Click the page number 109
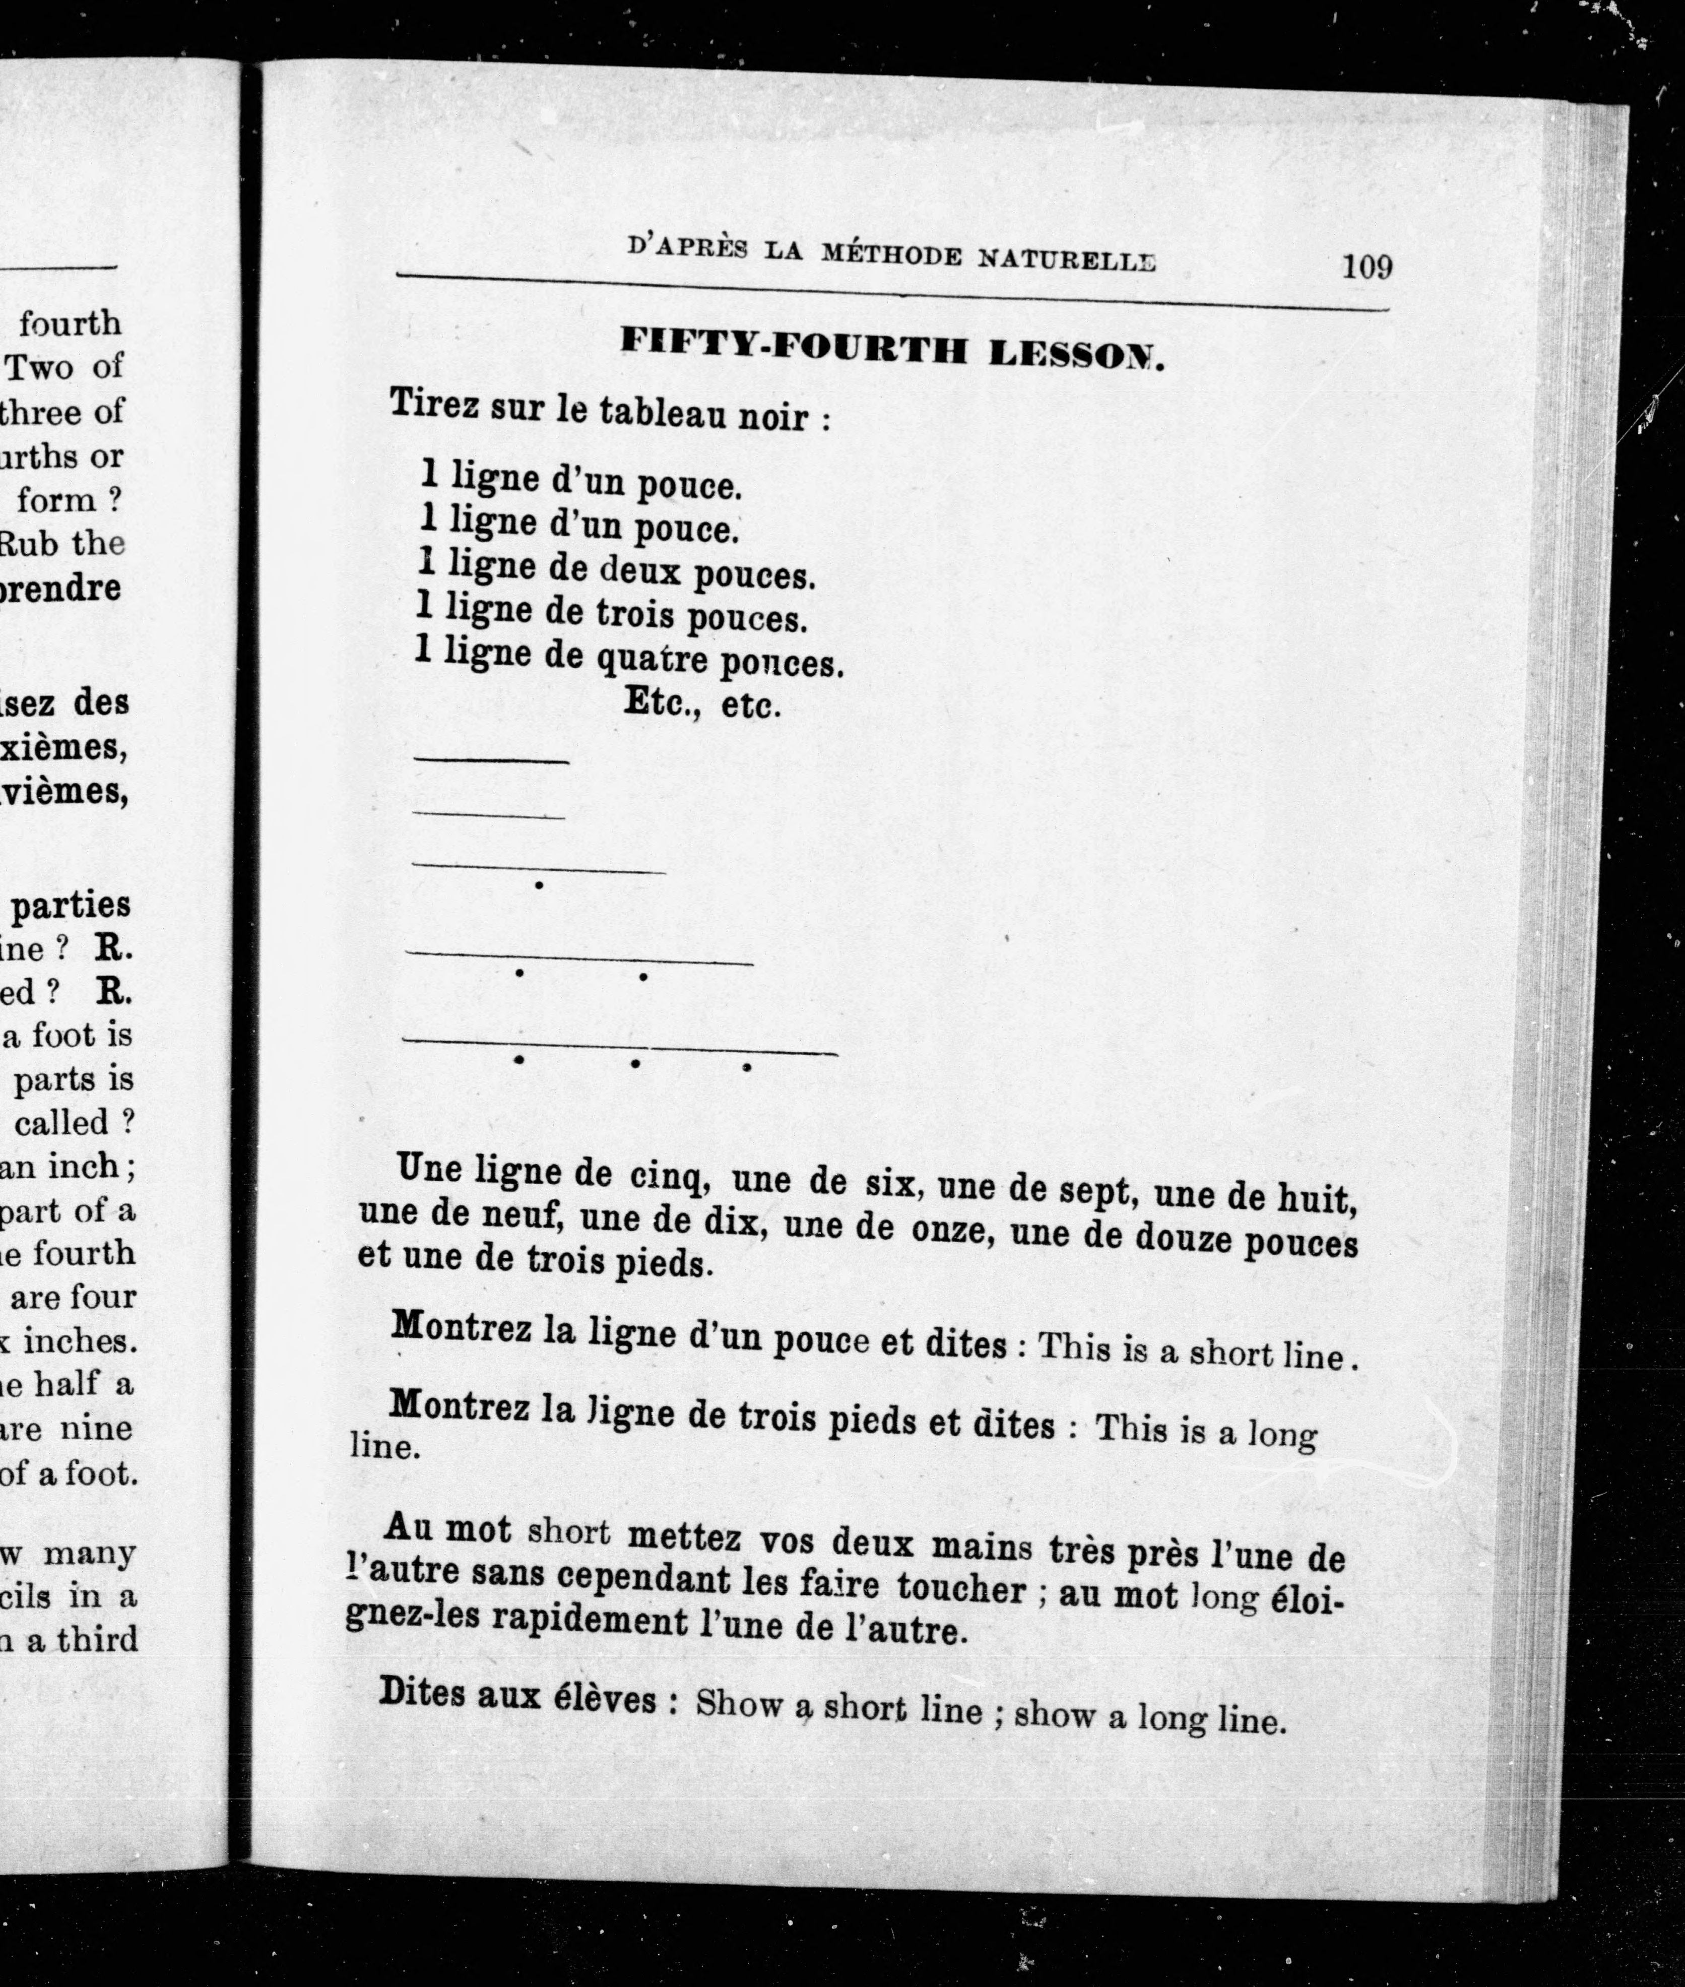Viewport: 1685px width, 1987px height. (x=1367, y=267)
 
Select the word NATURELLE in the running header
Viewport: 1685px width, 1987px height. (x=1067, y=258)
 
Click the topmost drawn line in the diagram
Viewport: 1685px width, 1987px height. (x=491, y=760)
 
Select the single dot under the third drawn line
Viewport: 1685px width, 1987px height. (x=540, y=885)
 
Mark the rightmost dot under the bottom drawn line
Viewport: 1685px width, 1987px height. (x=746, y=1067)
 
